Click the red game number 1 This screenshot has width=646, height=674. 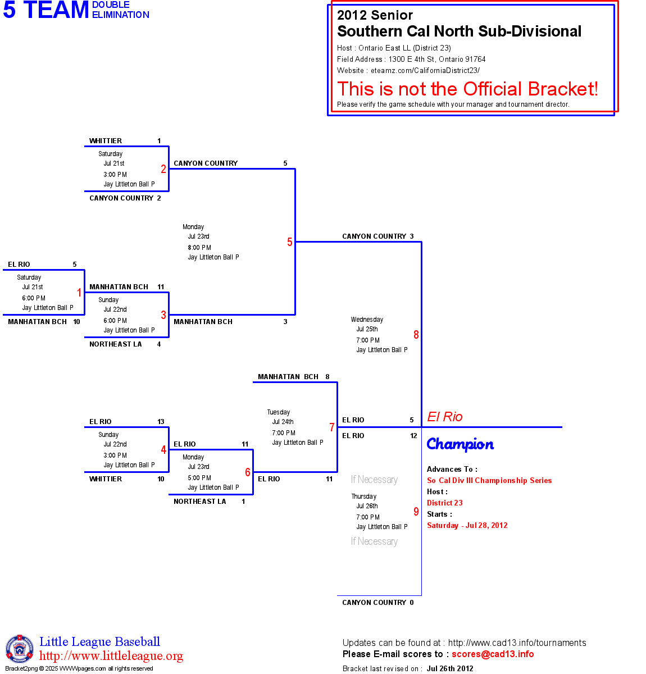pos(79,293)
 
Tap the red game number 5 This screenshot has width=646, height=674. pos(290,242)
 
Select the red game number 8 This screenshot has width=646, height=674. pos(416,335)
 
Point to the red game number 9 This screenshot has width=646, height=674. pos(416,512)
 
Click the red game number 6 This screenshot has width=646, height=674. pos(248,472)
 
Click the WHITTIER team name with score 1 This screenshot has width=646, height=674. pos(106,141)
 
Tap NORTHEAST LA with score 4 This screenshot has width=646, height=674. pos(116,344)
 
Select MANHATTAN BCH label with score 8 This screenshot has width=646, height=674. pos(288,377)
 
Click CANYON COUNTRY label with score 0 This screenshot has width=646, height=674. pos(374,603)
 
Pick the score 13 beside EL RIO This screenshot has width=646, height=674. pos(161,422)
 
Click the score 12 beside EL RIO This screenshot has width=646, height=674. pos(413,436)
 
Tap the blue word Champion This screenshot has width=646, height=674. pos(460,444)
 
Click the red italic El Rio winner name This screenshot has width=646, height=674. pos(445,417)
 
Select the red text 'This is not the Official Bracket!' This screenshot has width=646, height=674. pos(467,89)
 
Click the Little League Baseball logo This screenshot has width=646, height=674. pos(20,649)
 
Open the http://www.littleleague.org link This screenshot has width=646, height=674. pos(111,656)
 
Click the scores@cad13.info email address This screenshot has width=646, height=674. pos(493,654)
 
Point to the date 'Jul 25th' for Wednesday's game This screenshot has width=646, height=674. pos(367,329)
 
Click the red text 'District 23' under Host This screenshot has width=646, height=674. pos(445,503)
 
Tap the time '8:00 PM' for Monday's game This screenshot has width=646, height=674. pos(199,248)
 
